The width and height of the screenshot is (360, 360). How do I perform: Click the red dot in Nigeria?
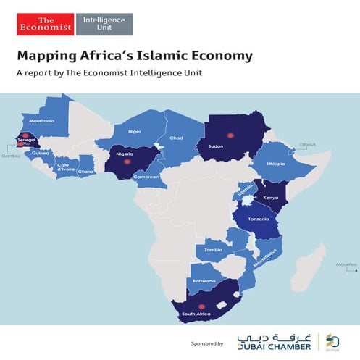pos(128,162)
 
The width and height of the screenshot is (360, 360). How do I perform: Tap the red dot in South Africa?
pos(202,306)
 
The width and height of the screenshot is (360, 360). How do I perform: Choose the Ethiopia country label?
pos(275,164)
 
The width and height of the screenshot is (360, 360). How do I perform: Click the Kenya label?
pos(269,197)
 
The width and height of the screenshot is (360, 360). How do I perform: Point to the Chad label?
pos(176,138)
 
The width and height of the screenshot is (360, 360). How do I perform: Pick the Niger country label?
pos(134,132)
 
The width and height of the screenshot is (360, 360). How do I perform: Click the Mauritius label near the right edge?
pos(347,264)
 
